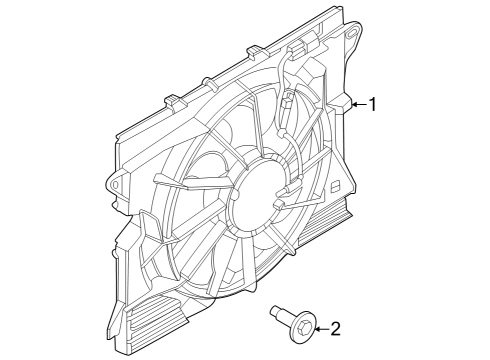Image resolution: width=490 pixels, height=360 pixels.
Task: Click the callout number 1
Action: click(x=373, y=104)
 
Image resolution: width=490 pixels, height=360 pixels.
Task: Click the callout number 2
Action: click(x=335, y=327)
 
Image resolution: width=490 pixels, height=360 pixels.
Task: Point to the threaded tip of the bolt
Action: click(x=275, y=313)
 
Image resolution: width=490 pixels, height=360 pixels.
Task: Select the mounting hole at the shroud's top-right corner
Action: click(x=351, y=38)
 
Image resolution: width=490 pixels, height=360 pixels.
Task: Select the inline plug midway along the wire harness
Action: click(x=286, y=100)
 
